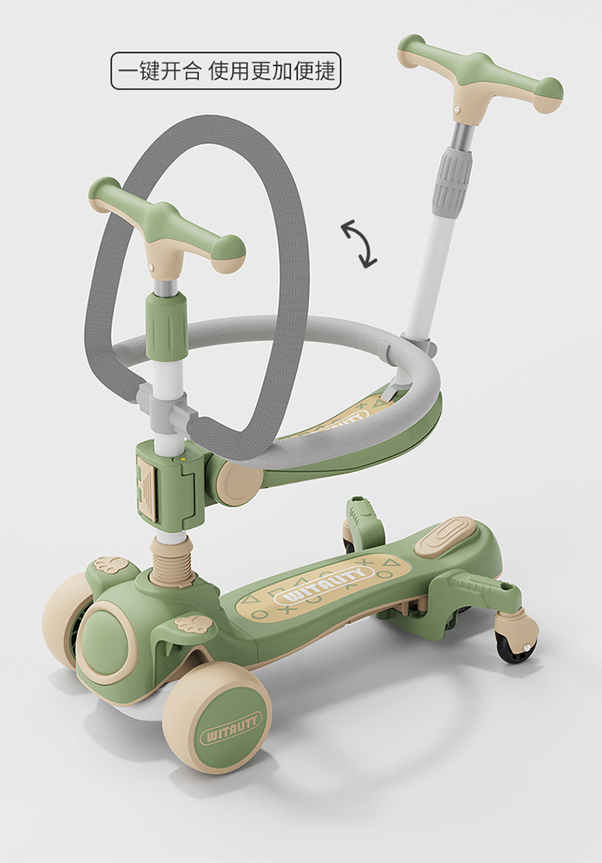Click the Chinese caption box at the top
pyautogui.click(x=226, y=71)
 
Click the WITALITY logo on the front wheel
pyautogui.click(x=232, y=728)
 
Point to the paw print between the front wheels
pyautogui.click(x=193, y=624)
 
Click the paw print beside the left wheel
pyautogui.click(x=110, y=564)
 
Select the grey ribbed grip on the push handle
pyautogui.click(x=453, y=181)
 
